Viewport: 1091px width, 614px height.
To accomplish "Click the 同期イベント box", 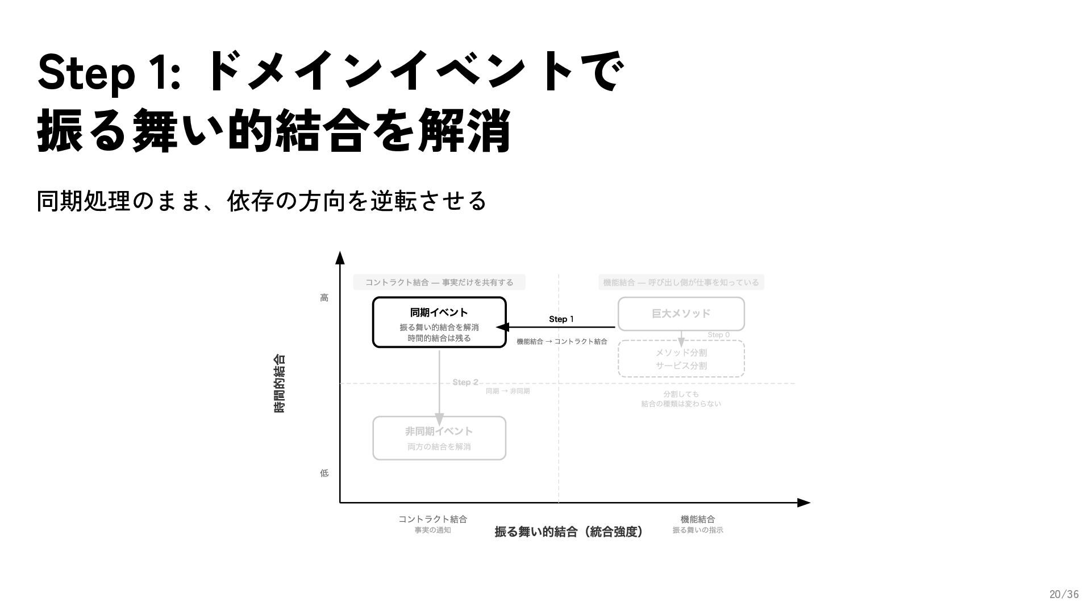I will (x=439, y=322).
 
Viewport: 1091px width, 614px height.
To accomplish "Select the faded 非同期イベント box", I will (x=439, y=438).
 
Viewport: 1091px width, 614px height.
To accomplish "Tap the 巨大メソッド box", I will (x=681, y=314).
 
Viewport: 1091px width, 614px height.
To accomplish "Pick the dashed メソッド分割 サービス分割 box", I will (x=681, y=359).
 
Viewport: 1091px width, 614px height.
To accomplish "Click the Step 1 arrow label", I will (x=561, y=319).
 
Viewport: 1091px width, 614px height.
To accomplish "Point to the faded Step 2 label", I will (x=465, y=382).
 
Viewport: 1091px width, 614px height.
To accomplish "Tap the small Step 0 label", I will (x=718, y=335).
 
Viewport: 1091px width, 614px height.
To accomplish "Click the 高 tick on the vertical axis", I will (x=324, y=298).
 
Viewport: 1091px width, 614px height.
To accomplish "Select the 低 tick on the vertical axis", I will (x=324, y=473).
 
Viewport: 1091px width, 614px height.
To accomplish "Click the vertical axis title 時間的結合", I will (x=280, y=383).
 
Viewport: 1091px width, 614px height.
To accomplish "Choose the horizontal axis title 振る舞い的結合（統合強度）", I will (x=569, y=532).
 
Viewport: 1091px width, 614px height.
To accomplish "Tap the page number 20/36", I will (x=1063, y=595).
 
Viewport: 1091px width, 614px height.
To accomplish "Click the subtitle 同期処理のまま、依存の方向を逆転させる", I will (x=261, y=201).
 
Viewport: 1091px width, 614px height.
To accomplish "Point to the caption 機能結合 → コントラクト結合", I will (x=561, y=342).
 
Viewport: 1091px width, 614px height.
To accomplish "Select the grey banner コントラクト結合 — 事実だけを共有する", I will (x=439, y=283).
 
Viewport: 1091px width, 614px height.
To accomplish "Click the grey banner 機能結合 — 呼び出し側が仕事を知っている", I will (x=681, y=283).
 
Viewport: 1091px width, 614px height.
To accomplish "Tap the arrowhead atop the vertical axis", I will (x=340, y=258).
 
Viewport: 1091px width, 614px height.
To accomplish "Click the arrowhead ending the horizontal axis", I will (x=803, y=503).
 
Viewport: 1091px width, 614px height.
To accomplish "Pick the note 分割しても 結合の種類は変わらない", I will (x=681, y=399).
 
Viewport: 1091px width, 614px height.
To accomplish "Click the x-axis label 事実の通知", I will (x=432, y=530).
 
